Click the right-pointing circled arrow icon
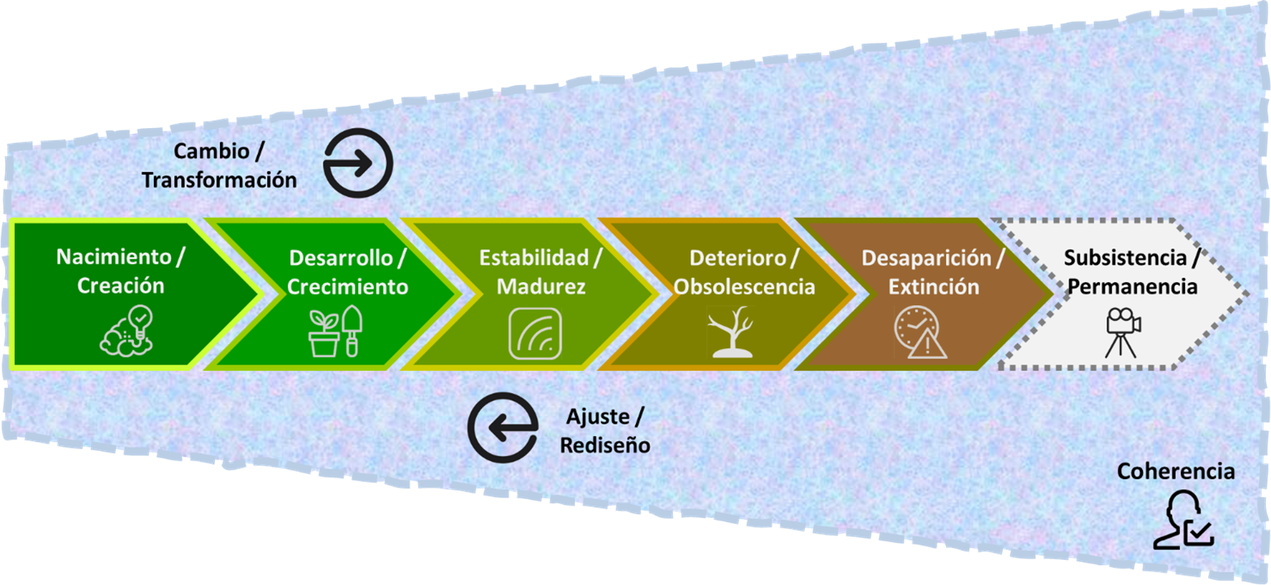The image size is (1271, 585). point(357,162)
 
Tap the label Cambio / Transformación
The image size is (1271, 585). point(219,165)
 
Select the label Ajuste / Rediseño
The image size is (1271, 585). point(604,430)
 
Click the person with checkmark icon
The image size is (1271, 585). point(1183,520)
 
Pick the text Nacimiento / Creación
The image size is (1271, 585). point(121,271)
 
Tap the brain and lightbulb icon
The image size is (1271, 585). point(126,331)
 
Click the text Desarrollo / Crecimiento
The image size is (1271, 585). point(347,271)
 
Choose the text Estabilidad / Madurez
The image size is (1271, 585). point(540,271)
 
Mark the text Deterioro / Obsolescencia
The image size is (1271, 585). point(744,271)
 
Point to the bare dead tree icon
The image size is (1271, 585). point(731,333)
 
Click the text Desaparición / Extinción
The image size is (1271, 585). point(933,271)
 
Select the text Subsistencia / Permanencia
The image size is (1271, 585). point(1131,271)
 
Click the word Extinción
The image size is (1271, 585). point(934,286)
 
